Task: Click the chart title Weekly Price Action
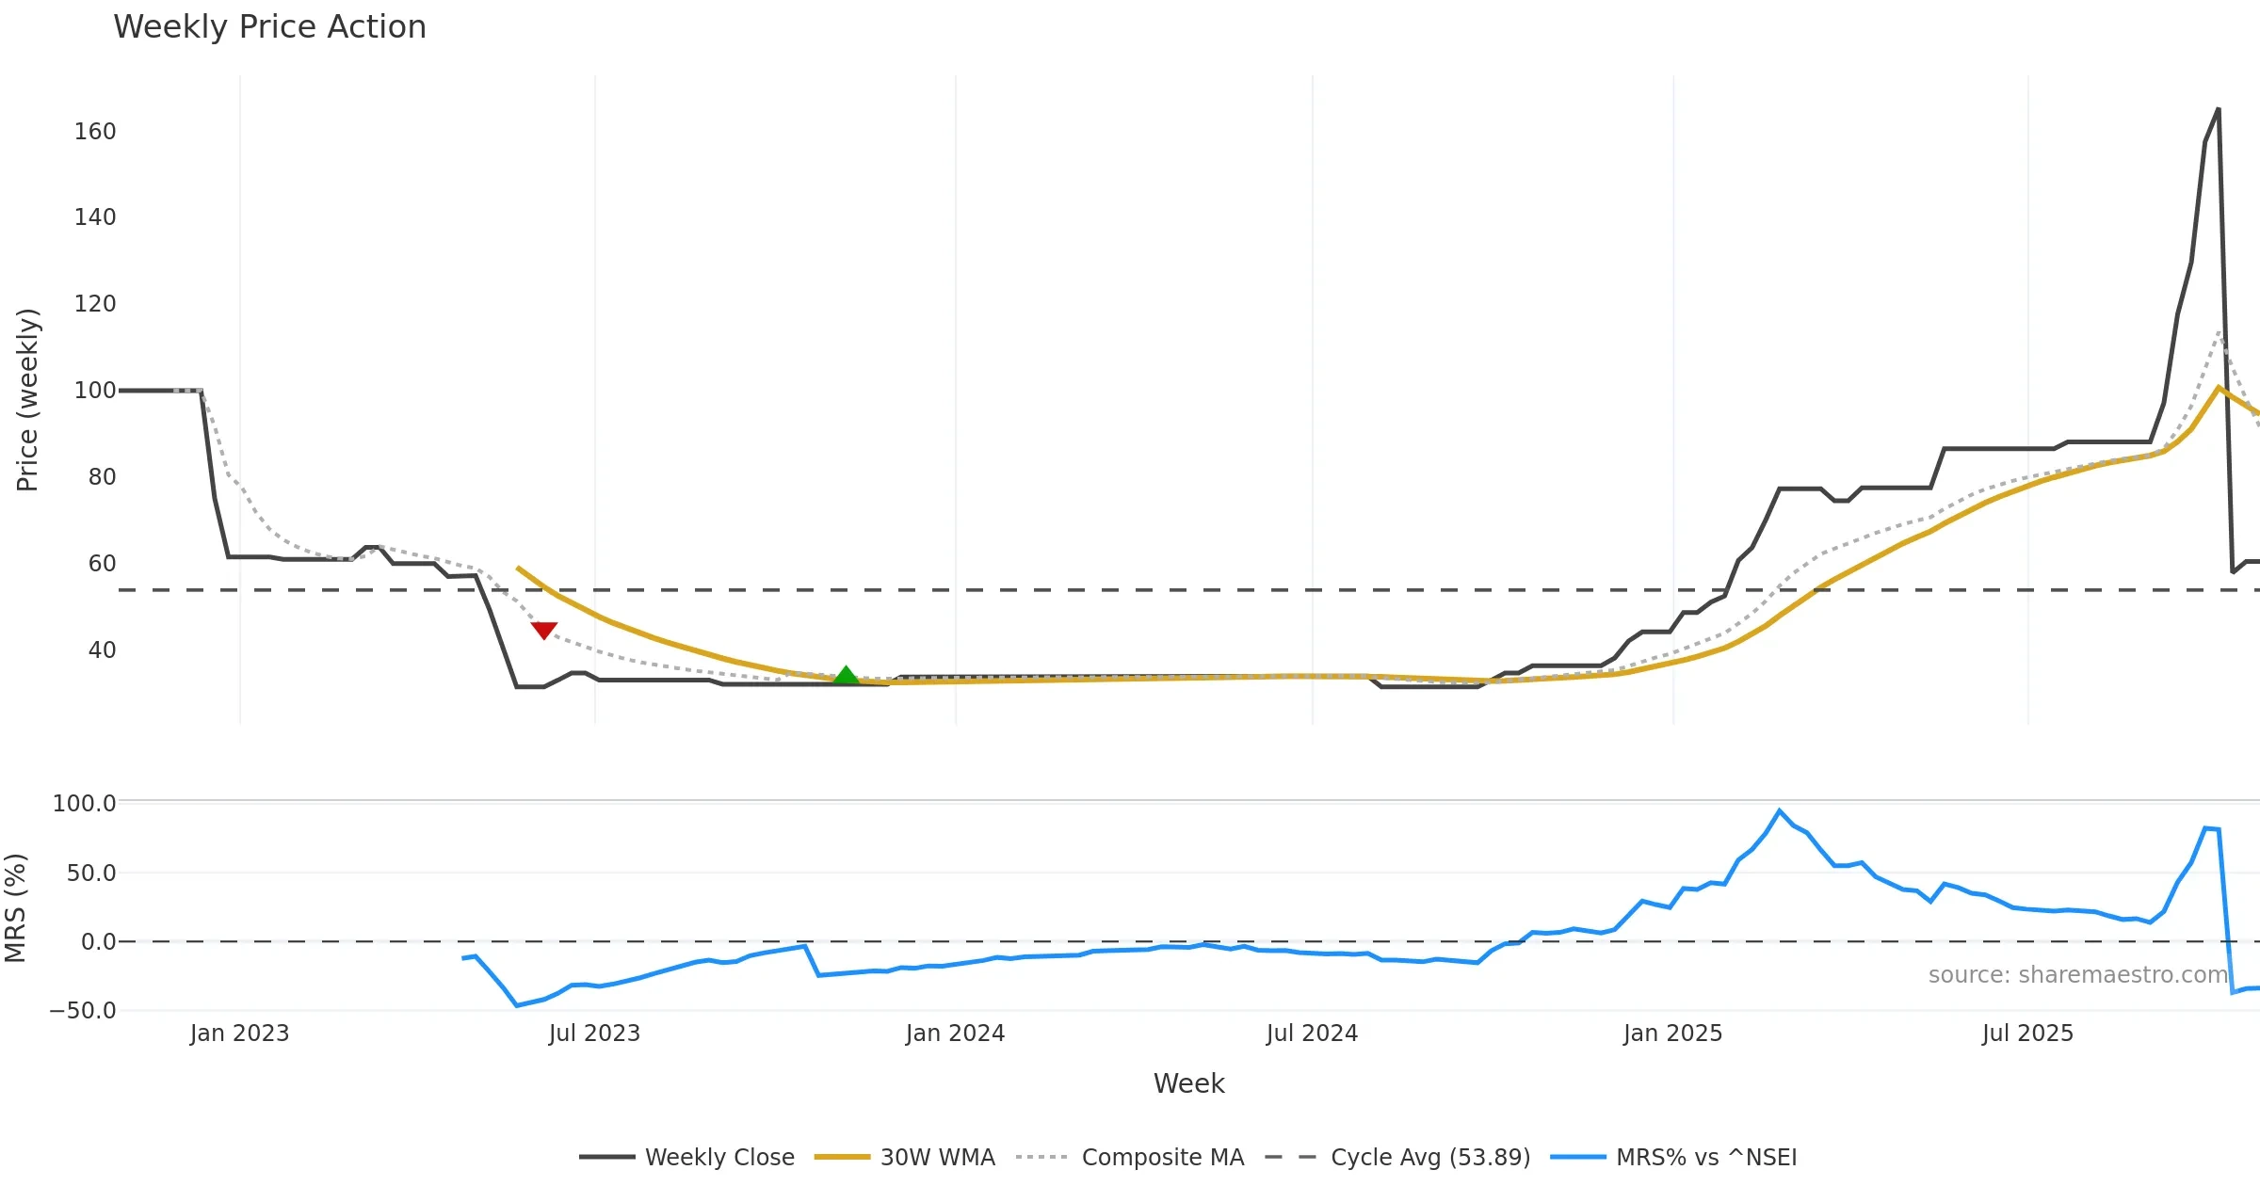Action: (269, 27)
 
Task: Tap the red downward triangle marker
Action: (543, 630)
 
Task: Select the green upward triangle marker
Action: (846, 675)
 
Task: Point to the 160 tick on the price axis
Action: (95, 132)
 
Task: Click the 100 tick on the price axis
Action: (95, 391)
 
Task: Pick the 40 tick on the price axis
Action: (102, 650)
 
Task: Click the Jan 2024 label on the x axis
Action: (955, 1034)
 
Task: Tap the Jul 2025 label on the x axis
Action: (2027, 1034)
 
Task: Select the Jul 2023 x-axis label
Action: (594, 1034)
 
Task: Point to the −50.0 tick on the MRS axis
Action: (83, 1011)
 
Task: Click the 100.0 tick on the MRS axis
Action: (84, 804)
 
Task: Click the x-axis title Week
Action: (1188, 1083)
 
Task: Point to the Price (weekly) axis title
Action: (27, 400)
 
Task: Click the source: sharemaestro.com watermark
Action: (2077, 975)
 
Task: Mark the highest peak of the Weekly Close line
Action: (2218, 109)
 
